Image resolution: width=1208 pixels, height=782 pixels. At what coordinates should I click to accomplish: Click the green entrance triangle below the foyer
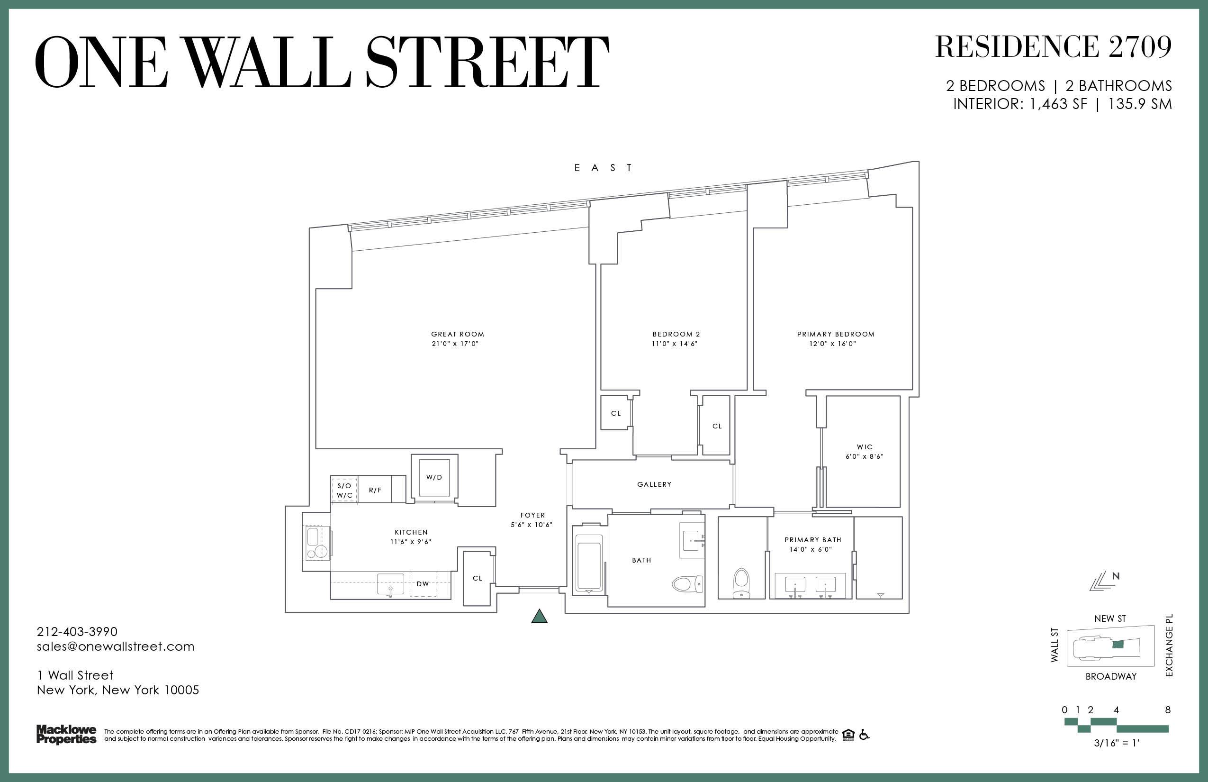(x=539, y=616)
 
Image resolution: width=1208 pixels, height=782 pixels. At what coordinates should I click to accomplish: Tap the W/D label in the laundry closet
(x=434, y=477)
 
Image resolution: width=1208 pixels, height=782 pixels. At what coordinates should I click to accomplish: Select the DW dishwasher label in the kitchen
(x=423, y=584)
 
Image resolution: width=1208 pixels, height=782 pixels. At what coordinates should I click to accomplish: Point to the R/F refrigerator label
(x=375, y=490)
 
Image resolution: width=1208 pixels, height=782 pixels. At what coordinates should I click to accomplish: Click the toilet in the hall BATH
(x=688, y=584)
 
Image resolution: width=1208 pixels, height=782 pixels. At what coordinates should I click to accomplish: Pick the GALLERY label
(x=654, y=484)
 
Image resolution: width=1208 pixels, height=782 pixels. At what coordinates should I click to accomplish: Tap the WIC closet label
(x=865, y=447)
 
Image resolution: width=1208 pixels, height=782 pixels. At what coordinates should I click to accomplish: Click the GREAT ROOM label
(x=457, y=334)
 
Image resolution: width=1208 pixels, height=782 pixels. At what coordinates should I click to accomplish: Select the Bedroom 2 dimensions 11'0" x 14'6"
(x=675, y=344)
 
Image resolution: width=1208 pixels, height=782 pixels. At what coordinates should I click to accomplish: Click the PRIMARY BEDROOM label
(x=836, y=334)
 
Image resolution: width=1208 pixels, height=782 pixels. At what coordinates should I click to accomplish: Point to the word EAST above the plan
(x=603, y=168)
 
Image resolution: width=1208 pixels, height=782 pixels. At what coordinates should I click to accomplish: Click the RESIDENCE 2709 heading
(x=1053, y=47)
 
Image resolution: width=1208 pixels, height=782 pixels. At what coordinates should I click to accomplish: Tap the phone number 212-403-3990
(x=77, y=632)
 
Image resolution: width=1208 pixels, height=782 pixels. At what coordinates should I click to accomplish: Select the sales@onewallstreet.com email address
(x=116, y=646)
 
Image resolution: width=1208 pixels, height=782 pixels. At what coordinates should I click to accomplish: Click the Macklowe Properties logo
(x=66, y=735)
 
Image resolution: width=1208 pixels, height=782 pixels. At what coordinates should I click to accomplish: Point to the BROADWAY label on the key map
(x=1111, y=676)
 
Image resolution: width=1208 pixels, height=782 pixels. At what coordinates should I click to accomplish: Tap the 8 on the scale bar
(x=1168, y=710)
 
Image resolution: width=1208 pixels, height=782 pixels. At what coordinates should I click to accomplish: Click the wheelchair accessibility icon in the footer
(x=864, y=734)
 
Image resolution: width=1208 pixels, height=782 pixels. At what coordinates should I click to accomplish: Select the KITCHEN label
(x=411, y=532)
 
